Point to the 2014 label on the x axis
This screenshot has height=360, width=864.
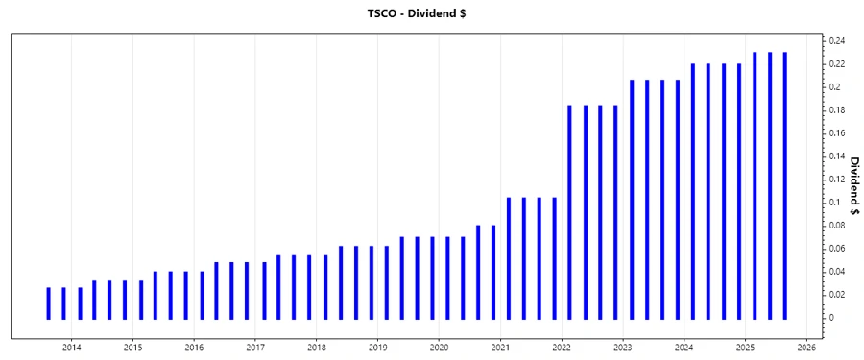(x=72, y=347)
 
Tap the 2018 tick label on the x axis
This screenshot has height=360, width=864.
(x=317, y=347)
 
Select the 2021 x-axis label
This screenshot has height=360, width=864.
(x=500, y=347)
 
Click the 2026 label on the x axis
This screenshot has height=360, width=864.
(x=806, y=347)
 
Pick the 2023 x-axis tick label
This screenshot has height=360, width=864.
(x=623, y=347)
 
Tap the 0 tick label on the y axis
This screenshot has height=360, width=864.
(x=831, y=318)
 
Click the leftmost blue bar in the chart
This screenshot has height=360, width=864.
(x=49, y=303)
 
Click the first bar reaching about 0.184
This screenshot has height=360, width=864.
(x=570, y=212)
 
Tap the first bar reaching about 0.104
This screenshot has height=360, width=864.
(x=509, y=258)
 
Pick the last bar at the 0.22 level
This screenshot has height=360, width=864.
(x=738, y=191)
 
